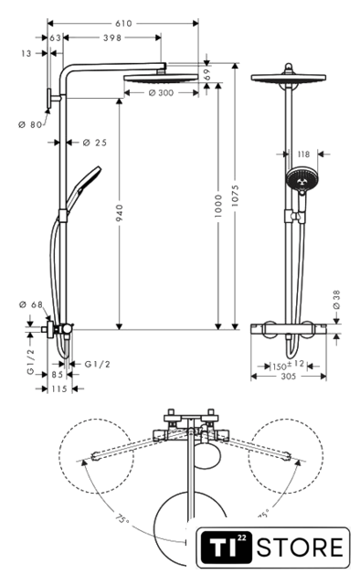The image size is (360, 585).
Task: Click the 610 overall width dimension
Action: [x=123, y=24]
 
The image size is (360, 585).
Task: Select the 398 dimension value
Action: [x=112, y=37]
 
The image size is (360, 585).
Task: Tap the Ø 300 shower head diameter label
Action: [x=161, y=92]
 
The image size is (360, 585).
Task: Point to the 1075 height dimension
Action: [x=235, y=196]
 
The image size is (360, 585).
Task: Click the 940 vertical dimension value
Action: [x=119, y=213]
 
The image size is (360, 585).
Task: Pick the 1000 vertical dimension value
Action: [x=218, y=206]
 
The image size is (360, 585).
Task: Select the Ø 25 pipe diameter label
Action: [x=95, y=143]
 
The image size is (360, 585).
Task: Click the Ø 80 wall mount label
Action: [x=30, y=124]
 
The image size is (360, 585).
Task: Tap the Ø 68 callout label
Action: [x=31, y=304]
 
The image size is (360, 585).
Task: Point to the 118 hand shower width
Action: [x=303, y=154]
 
